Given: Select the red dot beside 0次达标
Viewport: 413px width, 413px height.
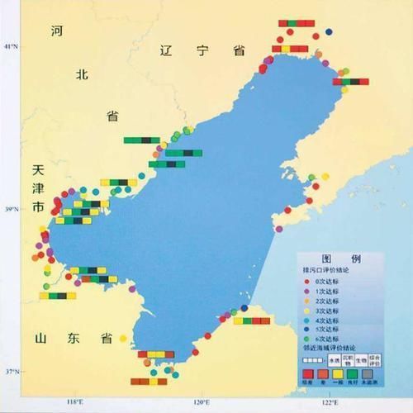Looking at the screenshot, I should click(307, 282).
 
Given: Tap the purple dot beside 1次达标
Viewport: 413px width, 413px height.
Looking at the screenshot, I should click(307, 292).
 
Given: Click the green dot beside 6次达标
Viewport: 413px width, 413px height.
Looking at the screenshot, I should click(307, 339).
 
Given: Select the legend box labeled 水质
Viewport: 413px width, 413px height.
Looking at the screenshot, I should click(332, 360).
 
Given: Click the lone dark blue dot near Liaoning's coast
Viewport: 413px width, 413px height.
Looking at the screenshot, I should click(329, 32).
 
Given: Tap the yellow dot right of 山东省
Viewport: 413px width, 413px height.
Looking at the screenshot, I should click(123, 338).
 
